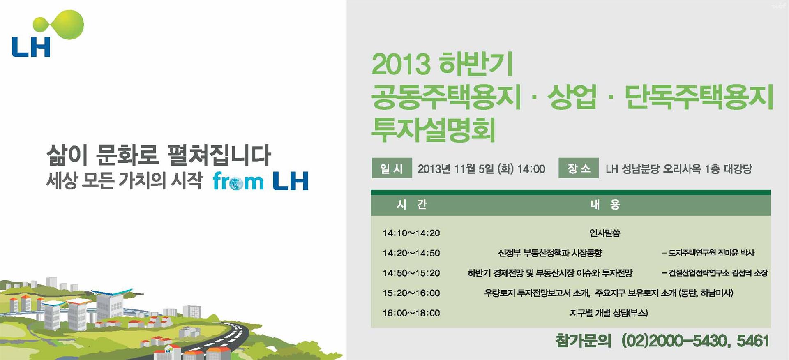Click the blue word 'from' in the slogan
click(238, 181)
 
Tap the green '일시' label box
click(392, 168)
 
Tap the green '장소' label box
click(578, 168)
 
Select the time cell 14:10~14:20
click(411, 233)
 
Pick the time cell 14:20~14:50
click(411, 253)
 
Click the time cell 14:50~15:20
click(411, 273)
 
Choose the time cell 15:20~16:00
click(411, 293)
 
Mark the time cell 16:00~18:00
click(411, 313)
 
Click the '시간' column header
click(412, 204)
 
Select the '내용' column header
click(605, 204)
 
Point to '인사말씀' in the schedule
click(605, 233)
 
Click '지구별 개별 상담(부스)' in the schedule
click(609, 313)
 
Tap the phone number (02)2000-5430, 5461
click(695, 341)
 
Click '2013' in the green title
click(401, 65)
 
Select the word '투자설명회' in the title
click(433, 129)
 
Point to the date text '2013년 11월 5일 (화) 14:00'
click(481, 168)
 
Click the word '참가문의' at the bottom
click(583, 341)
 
